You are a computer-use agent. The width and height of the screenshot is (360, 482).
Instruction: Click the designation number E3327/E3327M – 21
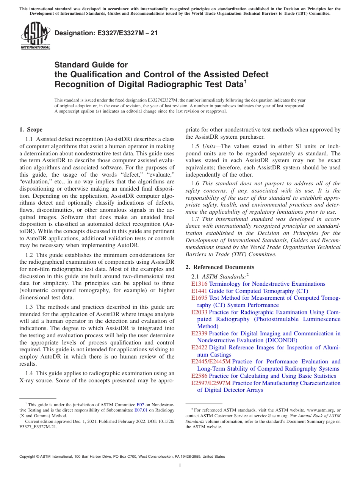point(106,33)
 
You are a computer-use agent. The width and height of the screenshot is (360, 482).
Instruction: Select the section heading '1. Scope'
point(31,130)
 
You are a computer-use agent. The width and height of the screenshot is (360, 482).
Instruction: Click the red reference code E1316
point(199,284)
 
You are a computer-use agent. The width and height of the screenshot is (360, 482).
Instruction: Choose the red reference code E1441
point(199,291)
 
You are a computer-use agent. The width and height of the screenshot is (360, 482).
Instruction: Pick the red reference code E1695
point(199,298)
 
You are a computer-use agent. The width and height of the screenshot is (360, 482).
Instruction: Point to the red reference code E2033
point(199,312)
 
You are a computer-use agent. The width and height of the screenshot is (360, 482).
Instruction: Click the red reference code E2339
point(199,333)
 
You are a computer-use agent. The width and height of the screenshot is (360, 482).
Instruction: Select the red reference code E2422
point(199,347)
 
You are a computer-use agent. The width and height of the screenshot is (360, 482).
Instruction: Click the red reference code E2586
point(199,376)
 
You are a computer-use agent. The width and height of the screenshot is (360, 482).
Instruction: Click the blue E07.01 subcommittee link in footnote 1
point(141,410)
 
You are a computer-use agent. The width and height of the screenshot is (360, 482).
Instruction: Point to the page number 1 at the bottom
point(180,466)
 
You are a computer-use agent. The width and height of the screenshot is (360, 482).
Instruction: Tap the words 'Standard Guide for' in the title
point(91,65)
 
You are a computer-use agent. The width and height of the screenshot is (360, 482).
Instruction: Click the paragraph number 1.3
point(29,307)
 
